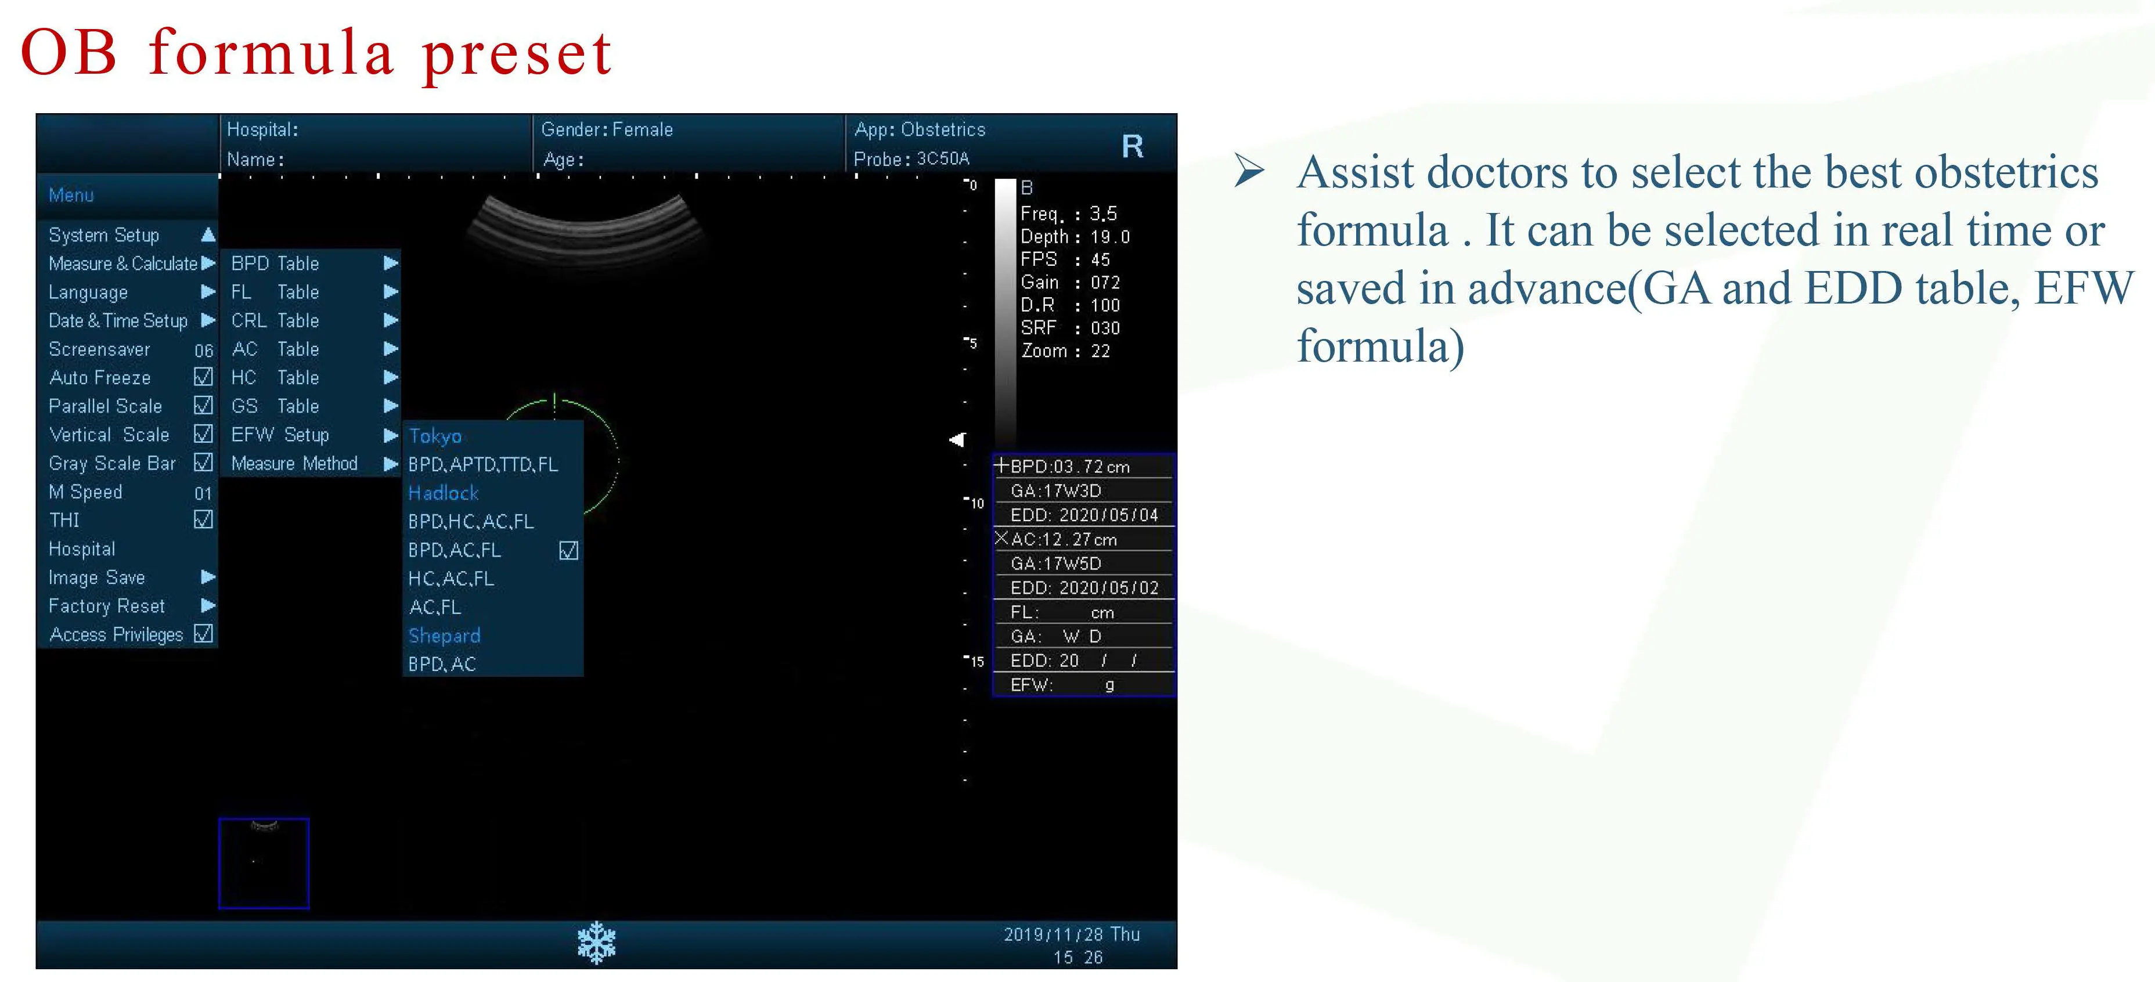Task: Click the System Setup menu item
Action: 104,235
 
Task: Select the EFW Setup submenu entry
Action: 280,435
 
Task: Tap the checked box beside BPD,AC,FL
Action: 569,550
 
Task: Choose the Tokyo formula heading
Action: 435,436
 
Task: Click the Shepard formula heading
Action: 444,636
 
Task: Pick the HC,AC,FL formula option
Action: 451,579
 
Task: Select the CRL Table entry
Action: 275,320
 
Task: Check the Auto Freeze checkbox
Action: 203,377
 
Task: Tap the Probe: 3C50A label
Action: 911,159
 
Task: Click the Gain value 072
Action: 1105,283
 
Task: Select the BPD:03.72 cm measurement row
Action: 1070,467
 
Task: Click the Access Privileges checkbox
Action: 203,634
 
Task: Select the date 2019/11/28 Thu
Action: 1072,934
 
